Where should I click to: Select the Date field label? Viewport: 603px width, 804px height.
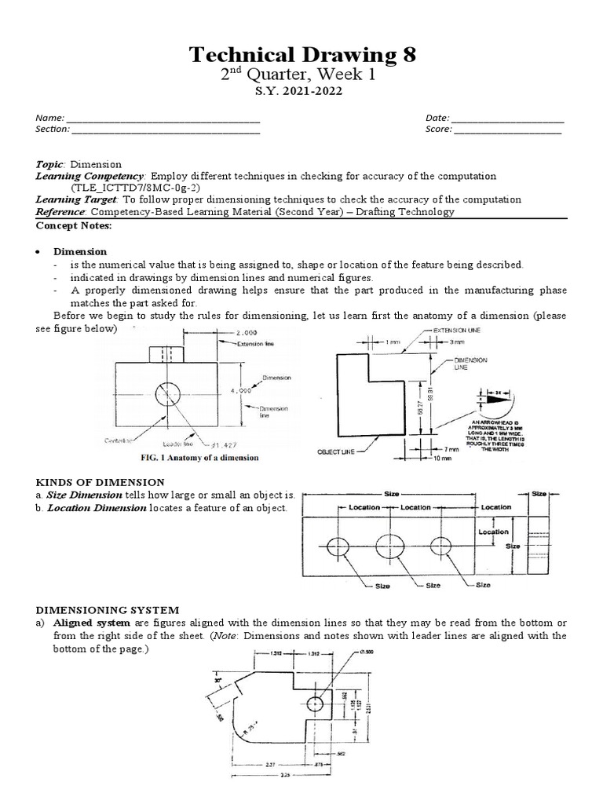[437, 118]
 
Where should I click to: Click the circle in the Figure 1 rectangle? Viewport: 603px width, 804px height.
[167, 393]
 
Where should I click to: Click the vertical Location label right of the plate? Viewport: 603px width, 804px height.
[494, 532]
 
